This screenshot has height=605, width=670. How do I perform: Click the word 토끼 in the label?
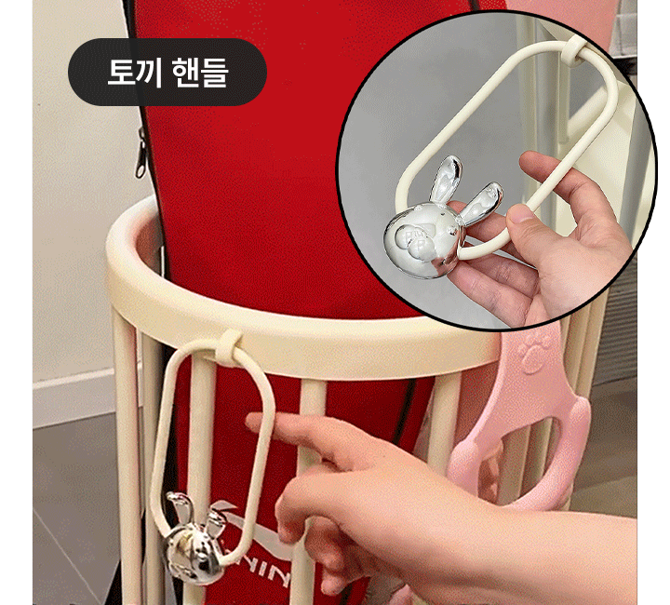(x=134, y=73)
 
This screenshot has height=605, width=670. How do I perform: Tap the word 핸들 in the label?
(x=200, y=73)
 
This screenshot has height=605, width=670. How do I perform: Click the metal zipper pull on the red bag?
(x=141, y=153)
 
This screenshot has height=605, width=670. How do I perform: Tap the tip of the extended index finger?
(x=251, y=420)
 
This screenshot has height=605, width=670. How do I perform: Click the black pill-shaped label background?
(x=167, y=73)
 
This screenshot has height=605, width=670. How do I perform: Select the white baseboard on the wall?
(x=74, y=398)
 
